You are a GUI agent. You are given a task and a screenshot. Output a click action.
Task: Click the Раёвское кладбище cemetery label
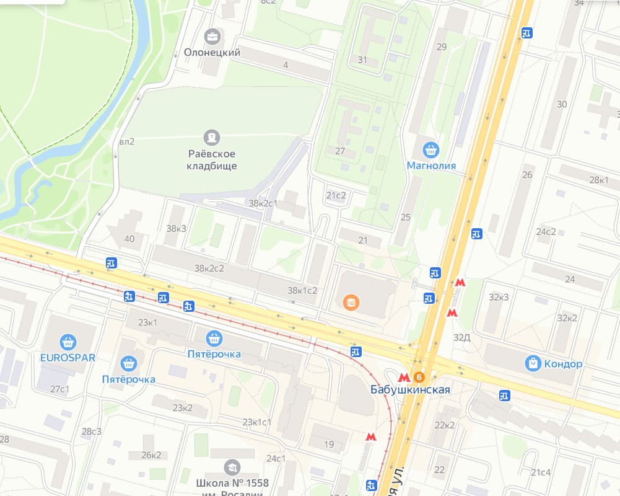point(212,160)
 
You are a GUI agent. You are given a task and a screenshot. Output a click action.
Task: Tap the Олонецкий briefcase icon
point(212,37)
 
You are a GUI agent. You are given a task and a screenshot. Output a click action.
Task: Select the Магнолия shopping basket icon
point(431,149)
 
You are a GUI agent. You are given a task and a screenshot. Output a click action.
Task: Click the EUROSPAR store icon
point(68,342)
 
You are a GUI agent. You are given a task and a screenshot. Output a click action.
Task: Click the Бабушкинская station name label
point(409,390)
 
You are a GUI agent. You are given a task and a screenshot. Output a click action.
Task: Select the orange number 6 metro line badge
point(420,377)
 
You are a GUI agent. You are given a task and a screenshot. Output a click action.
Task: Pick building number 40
point(129,239)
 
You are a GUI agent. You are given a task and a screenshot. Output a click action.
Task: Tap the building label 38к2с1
point(263,203)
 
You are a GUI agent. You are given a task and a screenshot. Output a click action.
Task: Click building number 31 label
point(362,60)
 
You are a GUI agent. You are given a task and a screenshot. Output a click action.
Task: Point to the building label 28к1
point(598,180)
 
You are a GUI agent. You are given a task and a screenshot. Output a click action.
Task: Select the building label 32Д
point(461,337)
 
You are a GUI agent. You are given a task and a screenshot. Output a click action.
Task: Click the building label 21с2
point(336,195)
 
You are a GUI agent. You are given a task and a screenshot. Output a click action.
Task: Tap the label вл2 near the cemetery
point(126,141)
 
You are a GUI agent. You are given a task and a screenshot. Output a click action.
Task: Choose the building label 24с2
point(546,232)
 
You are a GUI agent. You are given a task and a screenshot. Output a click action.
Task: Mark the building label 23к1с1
point(256,422)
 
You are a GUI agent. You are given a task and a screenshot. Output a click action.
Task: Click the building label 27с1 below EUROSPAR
point(59,389)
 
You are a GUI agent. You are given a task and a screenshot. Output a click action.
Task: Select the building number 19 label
point(329,444)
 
